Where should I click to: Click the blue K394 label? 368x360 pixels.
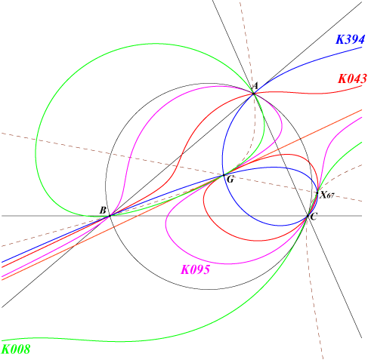tap(350, 39)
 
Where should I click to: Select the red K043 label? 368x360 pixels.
tap(352, 78)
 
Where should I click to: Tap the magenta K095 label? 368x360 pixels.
tap(196, 269)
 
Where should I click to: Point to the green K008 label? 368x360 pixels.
tap(16, 349)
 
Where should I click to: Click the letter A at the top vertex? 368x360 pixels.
tap(255, 86)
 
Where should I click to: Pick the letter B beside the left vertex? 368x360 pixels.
tap(103, 211)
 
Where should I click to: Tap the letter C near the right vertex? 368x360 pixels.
tap(314, 217)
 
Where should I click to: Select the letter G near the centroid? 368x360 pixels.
tap(230, 180)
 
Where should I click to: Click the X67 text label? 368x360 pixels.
tap(327, 195)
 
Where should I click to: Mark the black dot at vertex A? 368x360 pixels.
tap(254, 94)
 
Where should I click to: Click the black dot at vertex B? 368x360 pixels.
tap(110, 216)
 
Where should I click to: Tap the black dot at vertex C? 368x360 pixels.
tap(308, 216)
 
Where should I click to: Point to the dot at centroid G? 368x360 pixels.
tap(224, 175)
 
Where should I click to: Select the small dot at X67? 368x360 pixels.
tap(317, 193)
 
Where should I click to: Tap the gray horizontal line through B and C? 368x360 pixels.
tap(181, 216)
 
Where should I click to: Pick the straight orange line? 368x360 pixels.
tap(181, 195)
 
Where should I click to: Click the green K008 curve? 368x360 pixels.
tap(36, 151)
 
